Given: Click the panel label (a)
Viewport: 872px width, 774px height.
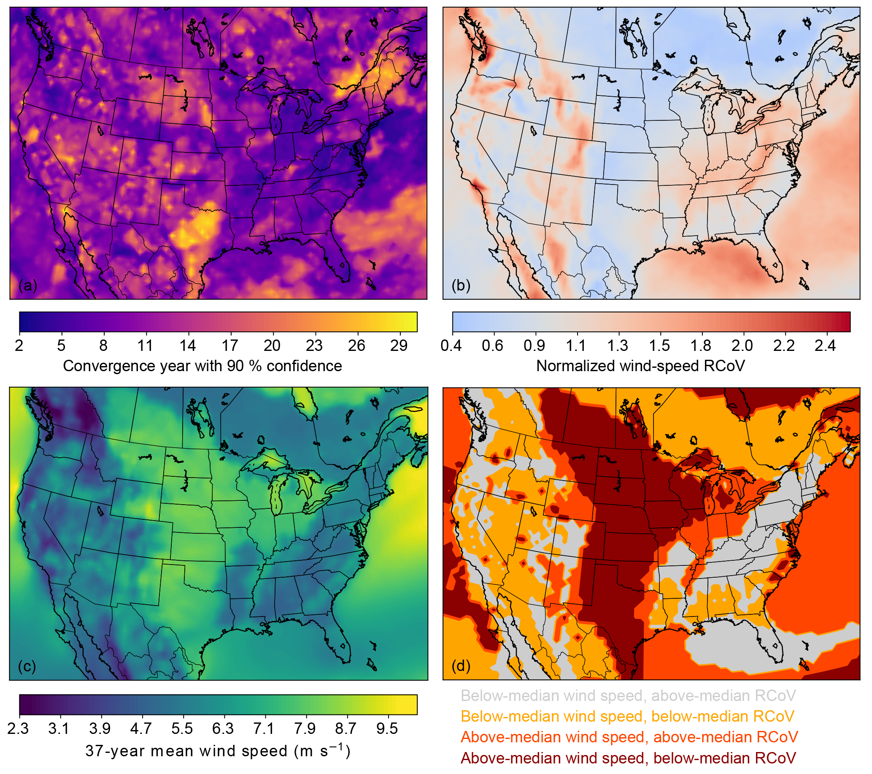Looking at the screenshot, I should [28, 285].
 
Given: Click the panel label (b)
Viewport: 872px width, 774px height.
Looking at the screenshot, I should [461, 285].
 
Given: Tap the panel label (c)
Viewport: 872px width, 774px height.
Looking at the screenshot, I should [27, 666].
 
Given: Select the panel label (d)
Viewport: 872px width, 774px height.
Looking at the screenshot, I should [461, 666].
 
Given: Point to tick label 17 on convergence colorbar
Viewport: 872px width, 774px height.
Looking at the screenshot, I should [230, 345].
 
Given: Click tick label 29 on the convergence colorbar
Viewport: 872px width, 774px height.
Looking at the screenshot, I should [399, 345].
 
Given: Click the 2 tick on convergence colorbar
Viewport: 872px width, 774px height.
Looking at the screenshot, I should [19, 345].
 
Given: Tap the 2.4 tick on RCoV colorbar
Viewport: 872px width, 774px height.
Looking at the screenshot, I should [825, 345].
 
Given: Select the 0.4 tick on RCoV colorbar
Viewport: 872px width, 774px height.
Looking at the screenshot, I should [451, 345].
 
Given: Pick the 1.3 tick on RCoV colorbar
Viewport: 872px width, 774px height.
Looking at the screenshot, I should [617, 345].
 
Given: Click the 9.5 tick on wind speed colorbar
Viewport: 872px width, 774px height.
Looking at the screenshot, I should [387, 728].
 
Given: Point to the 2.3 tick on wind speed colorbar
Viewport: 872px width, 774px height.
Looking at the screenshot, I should [18, 728].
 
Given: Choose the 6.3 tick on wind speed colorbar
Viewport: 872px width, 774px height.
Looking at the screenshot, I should [223, 728].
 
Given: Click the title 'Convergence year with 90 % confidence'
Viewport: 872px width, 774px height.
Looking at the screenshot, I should [202, 366].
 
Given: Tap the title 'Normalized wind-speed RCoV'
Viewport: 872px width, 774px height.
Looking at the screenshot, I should [640, 366].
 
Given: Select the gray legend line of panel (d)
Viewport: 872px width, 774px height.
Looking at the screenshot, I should [628, 696].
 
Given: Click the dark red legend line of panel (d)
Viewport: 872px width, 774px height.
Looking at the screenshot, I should [628, 758].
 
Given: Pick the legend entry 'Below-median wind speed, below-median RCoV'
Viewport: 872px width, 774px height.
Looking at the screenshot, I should [627, 717].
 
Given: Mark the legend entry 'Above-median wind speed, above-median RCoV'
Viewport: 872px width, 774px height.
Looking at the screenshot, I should [629, 737].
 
